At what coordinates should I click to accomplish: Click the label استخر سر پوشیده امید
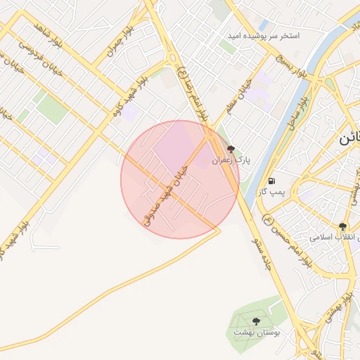pos(264,35)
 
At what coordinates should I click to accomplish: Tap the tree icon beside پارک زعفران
pos(231,149)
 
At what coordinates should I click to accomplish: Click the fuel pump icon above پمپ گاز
pos(272,181)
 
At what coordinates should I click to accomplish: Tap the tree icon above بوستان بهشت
pos(256,322)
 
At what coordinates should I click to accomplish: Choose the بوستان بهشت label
pos(257,333)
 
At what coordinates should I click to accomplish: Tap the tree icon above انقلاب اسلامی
pos(342,226)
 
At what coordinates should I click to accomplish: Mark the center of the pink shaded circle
pos(180,179)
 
